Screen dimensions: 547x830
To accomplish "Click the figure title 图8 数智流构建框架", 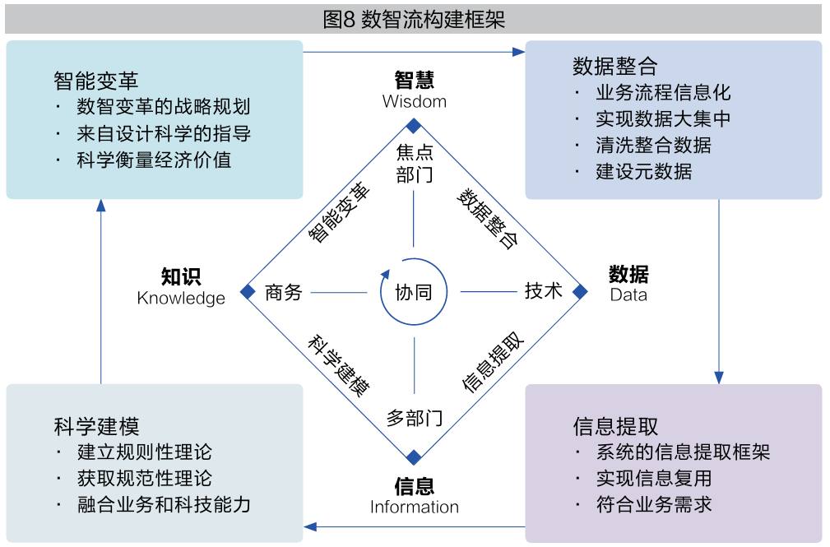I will (414, 19).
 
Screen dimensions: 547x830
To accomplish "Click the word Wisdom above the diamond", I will (415, 102).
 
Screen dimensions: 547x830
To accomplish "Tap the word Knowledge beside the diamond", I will (181, 298).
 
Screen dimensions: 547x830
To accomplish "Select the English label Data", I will (628, 294).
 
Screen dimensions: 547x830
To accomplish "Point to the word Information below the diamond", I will (415, 507).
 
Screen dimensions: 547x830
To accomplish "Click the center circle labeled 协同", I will (414, 292).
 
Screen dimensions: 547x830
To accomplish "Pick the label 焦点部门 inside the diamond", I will (415, 163).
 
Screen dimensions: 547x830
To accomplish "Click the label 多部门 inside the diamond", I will (415, 418).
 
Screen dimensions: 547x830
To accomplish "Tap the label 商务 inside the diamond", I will (284, 292).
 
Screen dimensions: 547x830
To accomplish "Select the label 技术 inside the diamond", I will (544, 290).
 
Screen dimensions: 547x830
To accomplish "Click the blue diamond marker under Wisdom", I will (415, 126).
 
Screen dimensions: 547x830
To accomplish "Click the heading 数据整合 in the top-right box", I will (615, 67).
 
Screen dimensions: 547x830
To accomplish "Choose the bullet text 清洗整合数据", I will (653, 146).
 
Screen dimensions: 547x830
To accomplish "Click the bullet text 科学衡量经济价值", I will (154, 160).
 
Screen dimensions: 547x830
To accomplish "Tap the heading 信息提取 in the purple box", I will (615, 426).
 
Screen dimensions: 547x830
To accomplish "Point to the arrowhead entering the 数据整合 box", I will (518, 52).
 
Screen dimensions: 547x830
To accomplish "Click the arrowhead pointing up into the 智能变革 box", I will (101, 206).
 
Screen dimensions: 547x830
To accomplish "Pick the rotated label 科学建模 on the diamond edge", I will (338, 367).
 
